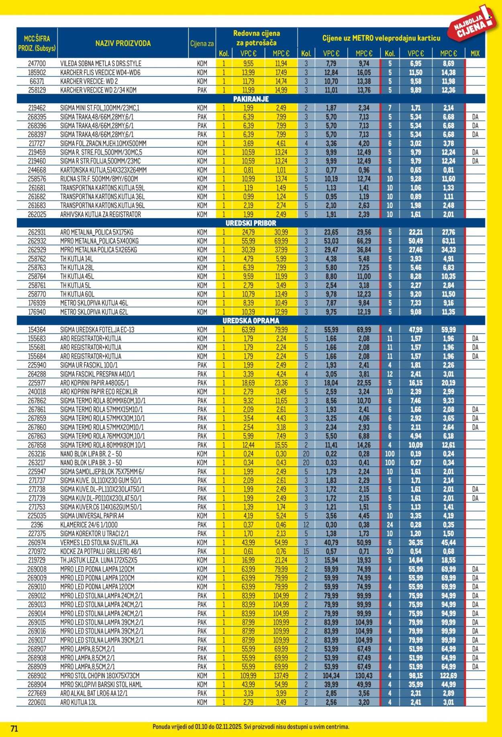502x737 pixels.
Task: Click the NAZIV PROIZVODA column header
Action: pyautogui.click(x=123, y=43)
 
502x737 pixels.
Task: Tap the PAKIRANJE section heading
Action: pyautogui.click(x=251, y=99)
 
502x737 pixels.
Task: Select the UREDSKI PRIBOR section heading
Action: pyautogui.click(x=251, y=223)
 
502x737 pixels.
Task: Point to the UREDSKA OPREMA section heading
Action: pyautogui.click(x=251, y=321)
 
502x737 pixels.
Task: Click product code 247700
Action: pyautogui.click(x=37, y=63)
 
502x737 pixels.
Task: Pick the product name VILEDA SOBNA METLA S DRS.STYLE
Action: pyautogui.click(x=101, y=63)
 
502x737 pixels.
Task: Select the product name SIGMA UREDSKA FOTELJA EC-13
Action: pyautogui.click(x=97, y=330)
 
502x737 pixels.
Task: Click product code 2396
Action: pyautogui.click(x=37, y=524)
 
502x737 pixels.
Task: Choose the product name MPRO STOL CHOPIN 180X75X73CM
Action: pyautogui.click(x=100, y=676)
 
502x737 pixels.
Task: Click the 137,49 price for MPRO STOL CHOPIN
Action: pyautogui.click(x=281, y=676)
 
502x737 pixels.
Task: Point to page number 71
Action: pyautogui.click(x=14, y=728)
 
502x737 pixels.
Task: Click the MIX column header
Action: pyautogui.click(x=475, y=53)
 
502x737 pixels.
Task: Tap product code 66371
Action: pyautogui.click(x=37, y=81)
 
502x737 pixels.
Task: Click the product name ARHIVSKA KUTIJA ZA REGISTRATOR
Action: pyautogui.click(x=100, y=214)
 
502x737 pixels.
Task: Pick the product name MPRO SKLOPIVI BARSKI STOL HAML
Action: pyautogui.click(x=101, y=684)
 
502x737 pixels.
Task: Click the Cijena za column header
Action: pyautogui.click(x=202, y=43)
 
